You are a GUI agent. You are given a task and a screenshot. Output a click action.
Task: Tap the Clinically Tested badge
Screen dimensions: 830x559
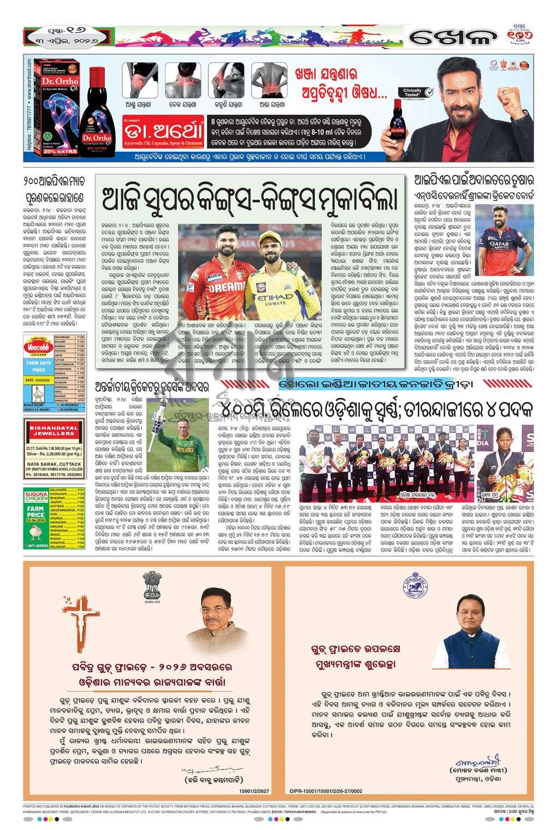413,93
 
